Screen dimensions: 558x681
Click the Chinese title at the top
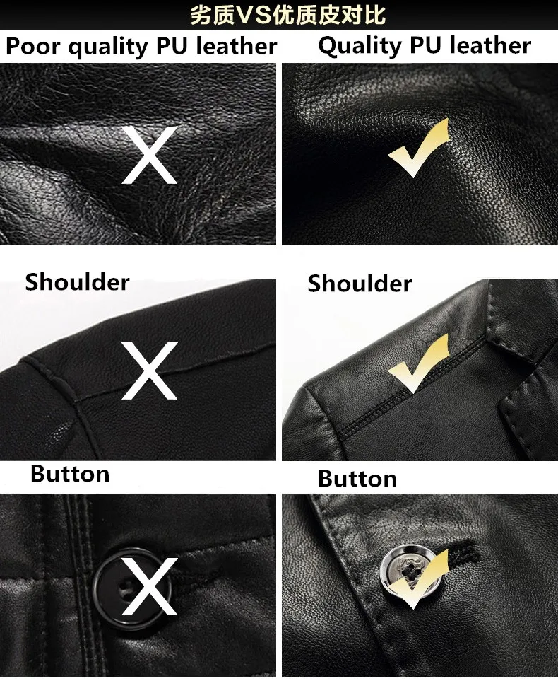click(287, 15)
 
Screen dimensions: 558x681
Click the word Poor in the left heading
click(33, 45)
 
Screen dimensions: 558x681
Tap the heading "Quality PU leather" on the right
click(425, 46)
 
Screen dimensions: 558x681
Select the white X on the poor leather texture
click(149, 155)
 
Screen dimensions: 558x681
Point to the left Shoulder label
click(77, 282)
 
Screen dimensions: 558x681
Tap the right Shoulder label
click(360, 284)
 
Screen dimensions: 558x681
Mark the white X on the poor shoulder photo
click(149, 371)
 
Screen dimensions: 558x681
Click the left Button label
click(70, 474)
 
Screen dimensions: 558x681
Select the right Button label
click(357, 479)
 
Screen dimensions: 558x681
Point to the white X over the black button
click(149, 586)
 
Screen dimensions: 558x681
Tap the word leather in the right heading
click(490, 45)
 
